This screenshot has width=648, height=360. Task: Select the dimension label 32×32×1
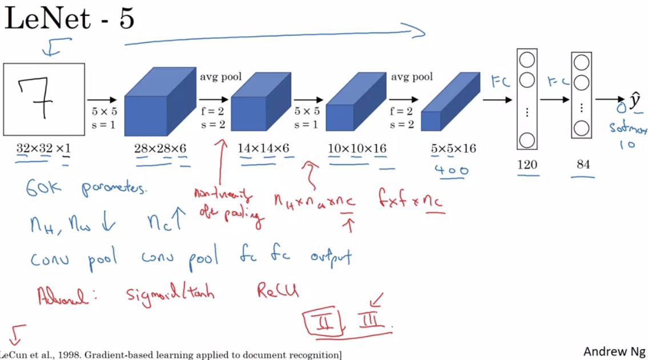coord(43,148)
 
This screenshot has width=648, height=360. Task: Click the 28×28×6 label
coord(160,148)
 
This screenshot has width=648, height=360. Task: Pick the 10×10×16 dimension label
coord(357,148)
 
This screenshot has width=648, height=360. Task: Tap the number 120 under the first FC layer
coord(527,165)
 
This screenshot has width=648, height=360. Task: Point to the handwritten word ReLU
coord(277,292)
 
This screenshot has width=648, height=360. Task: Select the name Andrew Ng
coord(614,350)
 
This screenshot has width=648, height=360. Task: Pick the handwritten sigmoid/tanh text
coord(170,296)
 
